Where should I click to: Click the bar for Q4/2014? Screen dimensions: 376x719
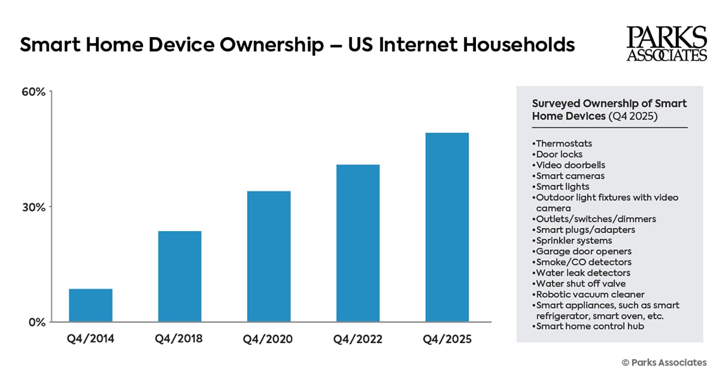pyautogui.click(x=91, y=305)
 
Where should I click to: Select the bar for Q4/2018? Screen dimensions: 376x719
pyautogui.click(x=180, y=276)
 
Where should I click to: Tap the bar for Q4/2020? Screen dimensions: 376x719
pyautogui.click(x=269, y=256)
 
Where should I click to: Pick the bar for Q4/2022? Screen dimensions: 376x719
pyautogui.click(x=358, y=243)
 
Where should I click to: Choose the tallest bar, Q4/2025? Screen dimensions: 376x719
pyautogui.click(x=447, y=227)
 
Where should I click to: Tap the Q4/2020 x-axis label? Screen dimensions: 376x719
pyautogui.click(x=268, y=339)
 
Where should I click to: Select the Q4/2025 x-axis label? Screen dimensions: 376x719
pyautogui.click(x=447, y=339)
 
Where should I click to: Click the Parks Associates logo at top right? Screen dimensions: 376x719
pyautogui.click(x=666, y=44)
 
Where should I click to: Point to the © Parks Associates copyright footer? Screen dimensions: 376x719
pyautogui.click(x=664, y=362)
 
